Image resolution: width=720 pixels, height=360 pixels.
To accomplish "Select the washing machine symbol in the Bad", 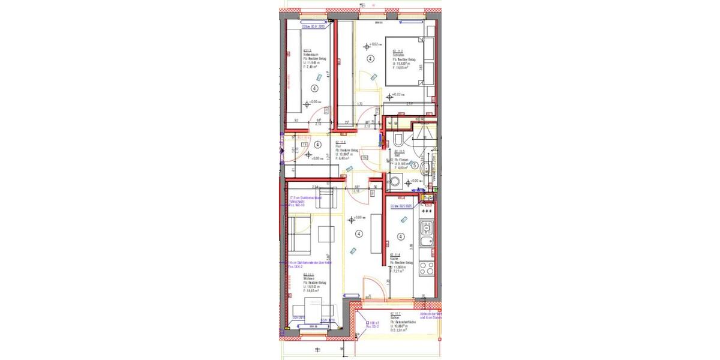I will click(396, 182).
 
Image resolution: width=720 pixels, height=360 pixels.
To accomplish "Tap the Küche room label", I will click(394, 259).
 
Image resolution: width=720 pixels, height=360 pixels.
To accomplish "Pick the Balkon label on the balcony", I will click(395, 318).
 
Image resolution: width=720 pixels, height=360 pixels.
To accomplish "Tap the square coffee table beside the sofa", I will click(327, 233).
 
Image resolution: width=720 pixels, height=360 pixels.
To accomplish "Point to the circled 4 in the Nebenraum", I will click(314, 88).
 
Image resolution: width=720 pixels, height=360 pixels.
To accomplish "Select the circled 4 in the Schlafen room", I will click(371, 59).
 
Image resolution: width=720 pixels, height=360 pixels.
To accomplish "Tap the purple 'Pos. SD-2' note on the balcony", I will click(374, 326).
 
